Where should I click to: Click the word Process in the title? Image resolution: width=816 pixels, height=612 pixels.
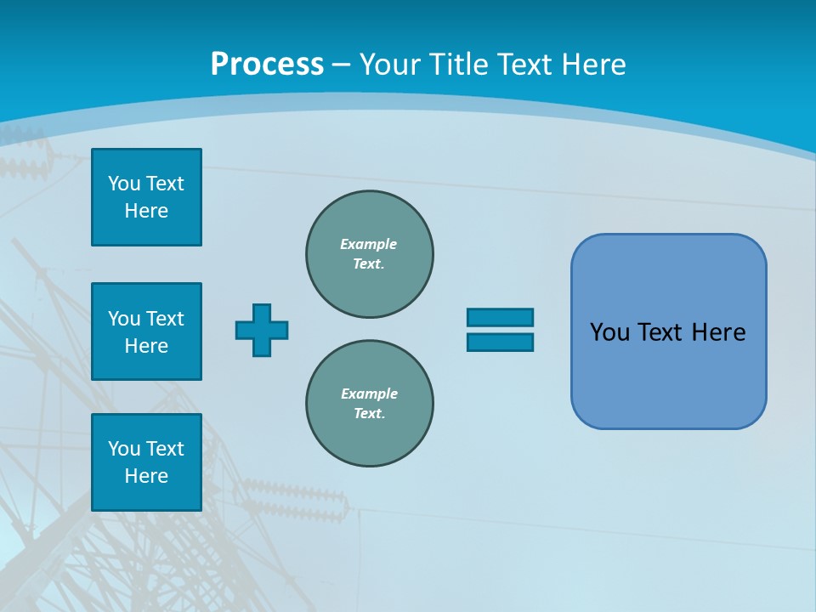click(x=267, y=64)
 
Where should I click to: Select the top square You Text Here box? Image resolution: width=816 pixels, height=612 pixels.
click(x=146, y=197)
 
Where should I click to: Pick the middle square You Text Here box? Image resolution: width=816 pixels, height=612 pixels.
click(x=146, y=331)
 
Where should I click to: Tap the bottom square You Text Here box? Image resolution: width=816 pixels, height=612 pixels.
click(x=146, y=462)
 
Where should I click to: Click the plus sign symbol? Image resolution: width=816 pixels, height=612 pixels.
click(x=262, y=330)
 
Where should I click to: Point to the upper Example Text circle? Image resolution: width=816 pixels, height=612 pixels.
click(x=369, y=254)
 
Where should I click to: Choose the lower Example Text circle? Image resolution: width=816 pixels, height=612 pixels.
click(x=369, y=404)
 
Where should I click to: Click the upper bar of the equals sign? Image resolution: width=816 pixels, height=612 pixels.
click(x=500, y=317)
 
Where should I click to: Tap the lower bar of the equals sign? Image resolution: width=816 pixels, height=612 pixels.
click(x=500, y=342)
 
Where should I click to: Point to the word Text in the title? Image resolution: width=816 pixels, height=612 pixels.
click(x=526, y=64)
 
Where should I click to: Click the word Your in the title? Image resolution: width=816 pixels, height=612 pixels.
click(x=390, y=64)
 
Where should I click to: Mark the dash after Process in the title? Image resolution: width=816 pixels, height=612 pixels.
click(x=342, y=65)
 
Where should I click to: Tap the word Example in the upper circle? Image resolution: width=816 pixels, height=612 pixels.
click(x=368, y=244)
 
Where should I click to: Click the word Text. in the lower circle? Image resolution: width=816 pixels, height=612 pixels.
click(x=369, y=413)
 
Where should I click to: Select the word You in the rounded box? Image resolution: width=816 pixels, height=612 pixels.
click(x=609, y=331)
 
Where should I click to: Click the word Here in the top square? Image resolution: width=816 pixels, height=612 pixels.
click(x=146, y=211)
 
